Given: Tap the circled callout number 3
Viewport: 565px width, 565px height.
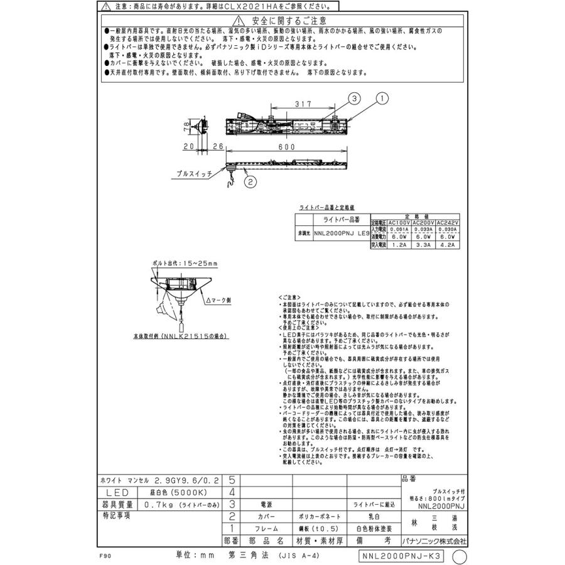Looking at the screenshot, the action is click(x=354, y=98).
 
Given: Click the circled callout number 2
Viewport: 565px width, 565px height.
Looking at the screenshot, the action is click(x=249, y=183).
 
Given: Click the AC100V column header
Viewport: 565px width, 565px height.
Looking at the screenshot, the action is click(x=399, y=222).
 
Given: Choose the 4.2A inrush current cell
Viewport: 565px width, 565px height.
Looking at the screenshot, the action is click(x=448, y=245).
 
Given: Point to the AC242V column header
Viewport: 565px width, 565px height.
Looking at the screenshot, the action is click(x=448, y=222).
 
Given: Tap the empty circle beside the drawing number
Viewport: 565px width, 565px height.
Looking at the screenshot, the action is click(x=460, y=556).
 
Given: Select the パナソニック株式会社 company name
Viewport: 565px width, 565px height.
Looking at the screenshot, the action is click(x=434, y=541).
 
